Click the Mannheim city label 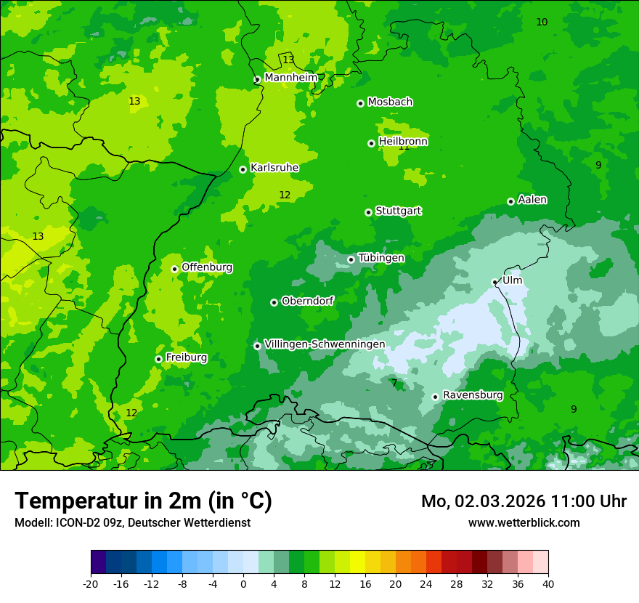pyautogui.click(x=290, y=77)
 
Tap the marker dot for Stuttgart pyautogui.click(x=368, y=212)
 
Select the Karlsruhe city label pyautogui.click(x=274, y=167)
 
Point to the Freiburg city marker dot pyautogui.click(x=158, y=359)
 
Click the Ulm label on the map pyautogui.click(x=512, y=280)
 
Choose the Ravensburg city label pyautogui.click(x=473, y=394)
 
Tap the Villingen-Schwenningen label pyautogui.click(x=325, y=344)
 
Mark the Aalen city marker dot pyautogui.click(x=510, y=201)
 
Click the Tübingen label pyautogui.click(x=381, y=257)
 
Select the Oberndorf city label pyautogui.click(x=308, y=300)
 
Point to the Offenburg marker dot pyautogui.click(x=174, y=269)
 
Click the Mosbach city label pyautogui.click(x=390, y=102)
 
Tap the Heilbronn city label pyautogui.click(x=403, y=141)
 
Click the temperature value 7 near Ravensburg pyautogui.click(x=394, y=383)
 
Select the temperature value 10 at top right pyautogui.click(x=542, y=22)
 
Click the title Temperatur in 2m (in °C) pyautogui.click(x=143, y=501)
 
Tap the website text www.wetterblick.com pyautogui.click(x=524, y=522)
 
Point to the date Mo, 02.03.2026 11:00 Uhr pyautogui.click(x=524, y=501)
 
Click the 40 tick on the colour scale pyautogui.click(x=548, y=583)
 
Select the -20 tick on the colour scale pyautogui.click(x=91, y=583)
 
